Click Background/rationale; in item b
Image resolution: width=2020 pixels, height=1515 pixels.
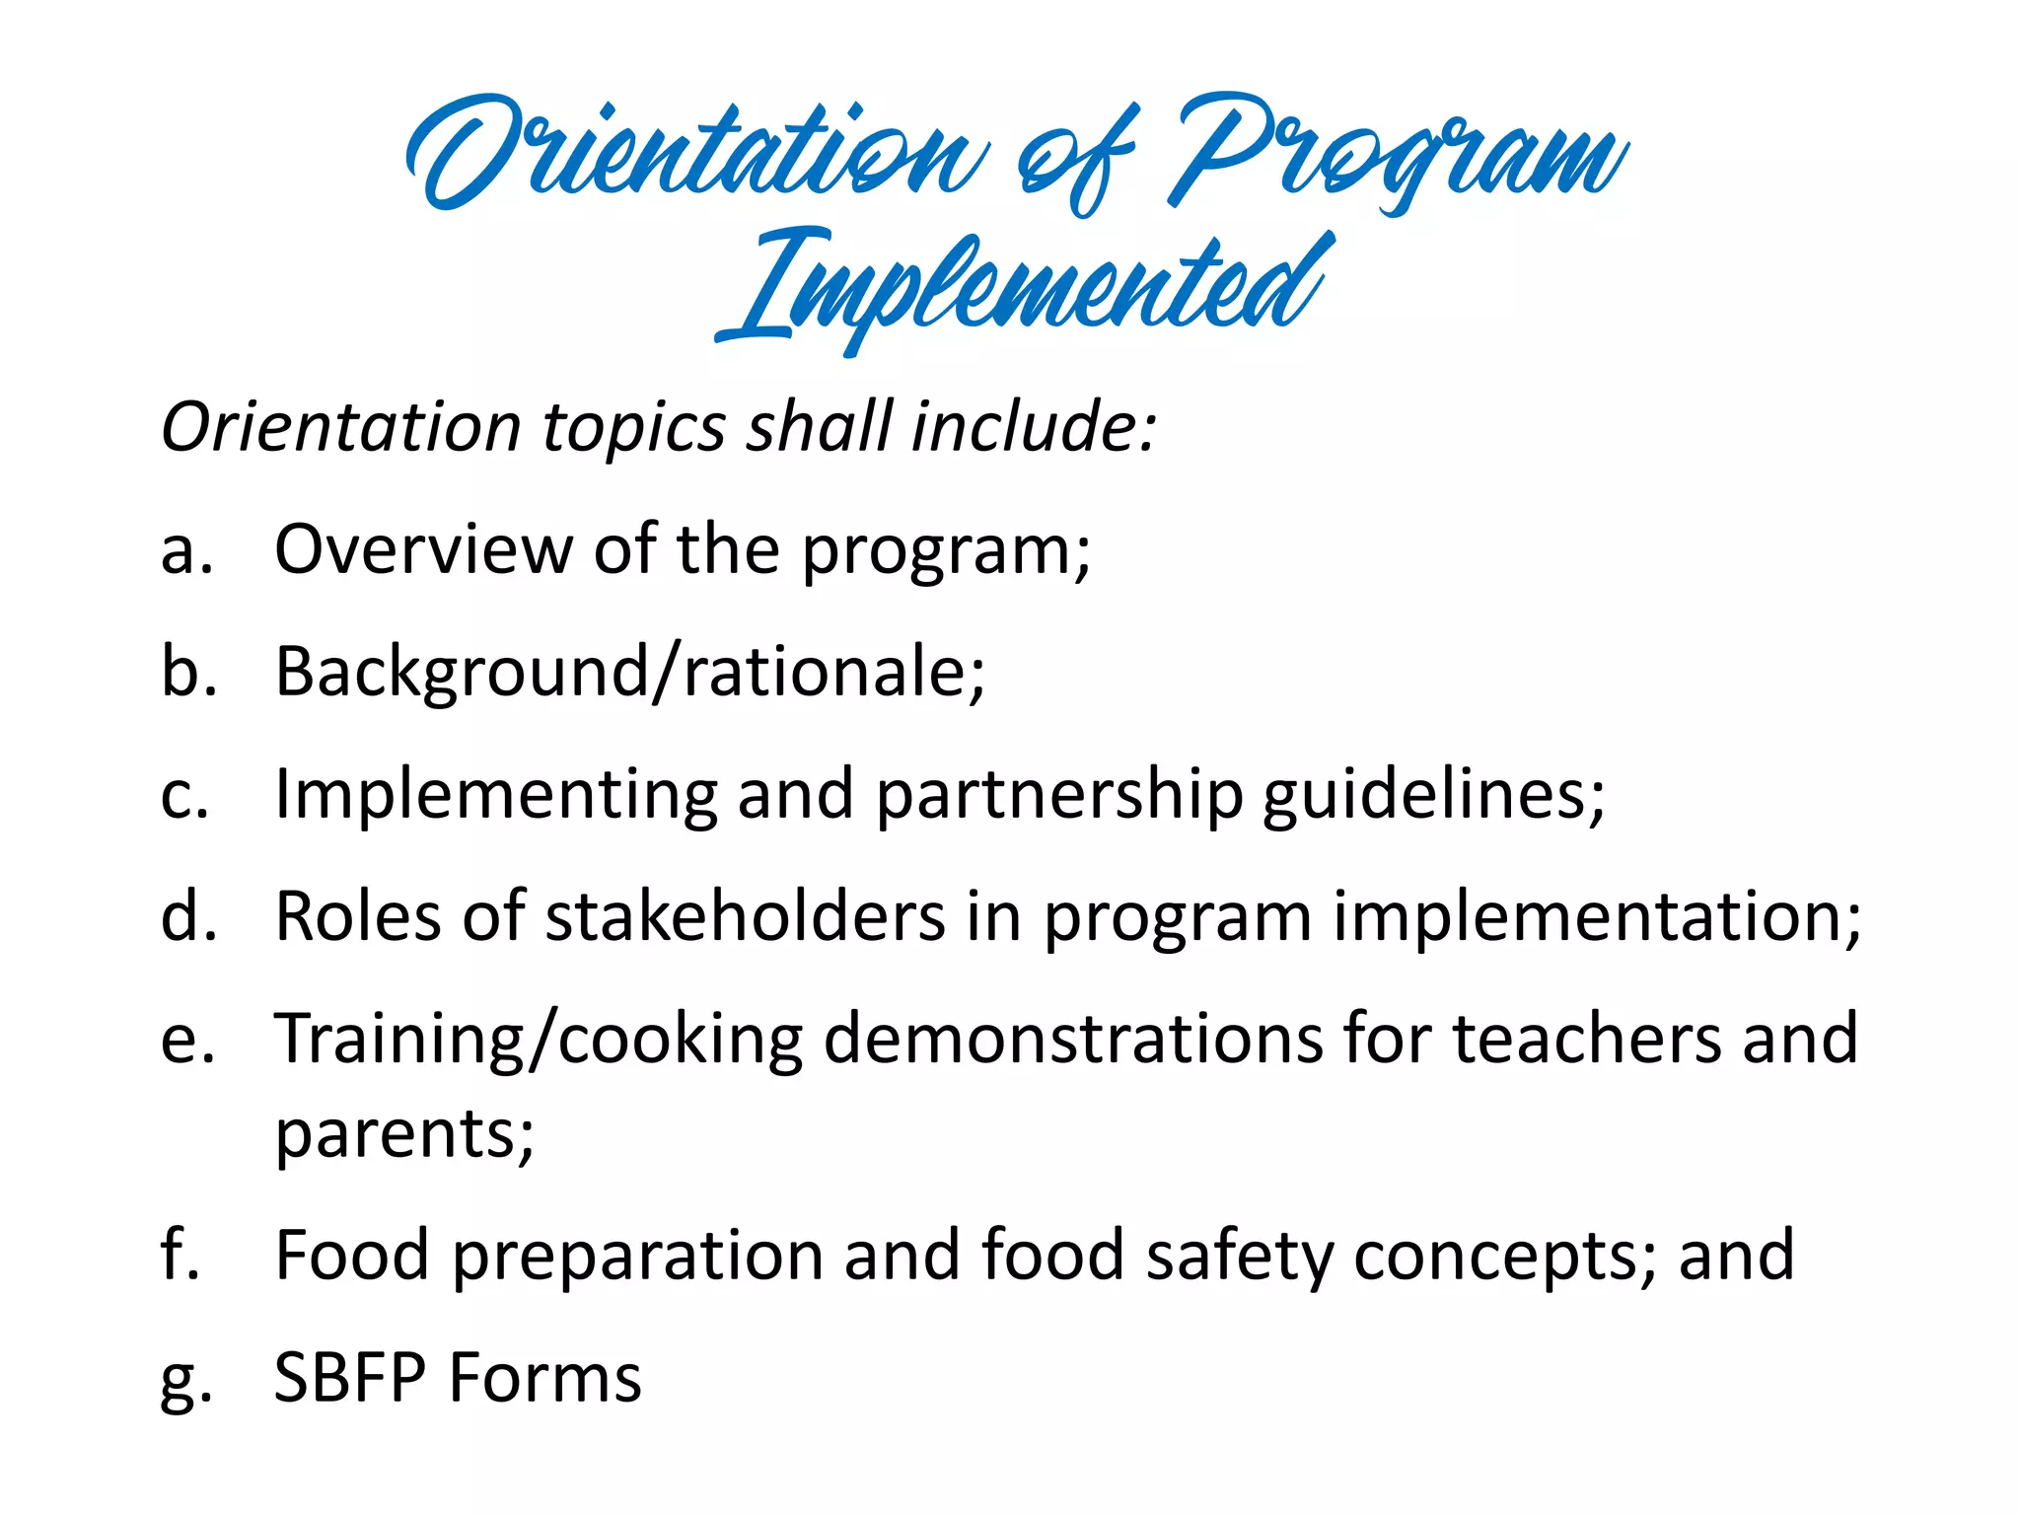pyautogui.click(x=629, y=673)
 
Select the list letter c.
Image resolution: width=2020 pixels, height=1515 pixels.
pyautogui.click(x=184, y=795)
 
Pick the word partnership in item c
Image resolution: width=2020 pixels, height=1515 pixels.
pyautogui.click(x=1058, y=795)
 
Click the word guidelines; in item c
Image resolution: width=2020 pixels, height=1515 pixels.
pyautogui.click(x=1433, y=795)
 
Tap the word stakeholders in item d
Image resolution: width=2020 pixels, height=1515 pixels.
pyautogui.click(x=745, y=917)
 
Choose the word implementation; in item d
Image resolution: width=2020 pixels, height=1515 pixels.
pyautogui.click(x=1597, y=917)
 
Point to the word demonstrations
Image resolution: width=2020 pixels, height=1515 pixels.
pyautogui.click(x=1072, y=1040)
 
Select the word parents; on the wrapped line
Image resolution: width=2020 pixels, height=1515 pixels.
pyautogui.click(x=404, y=1134)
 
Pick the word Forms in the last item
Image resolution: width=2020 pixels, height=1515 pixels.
pyautogui.click(x=545, y=1379)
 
